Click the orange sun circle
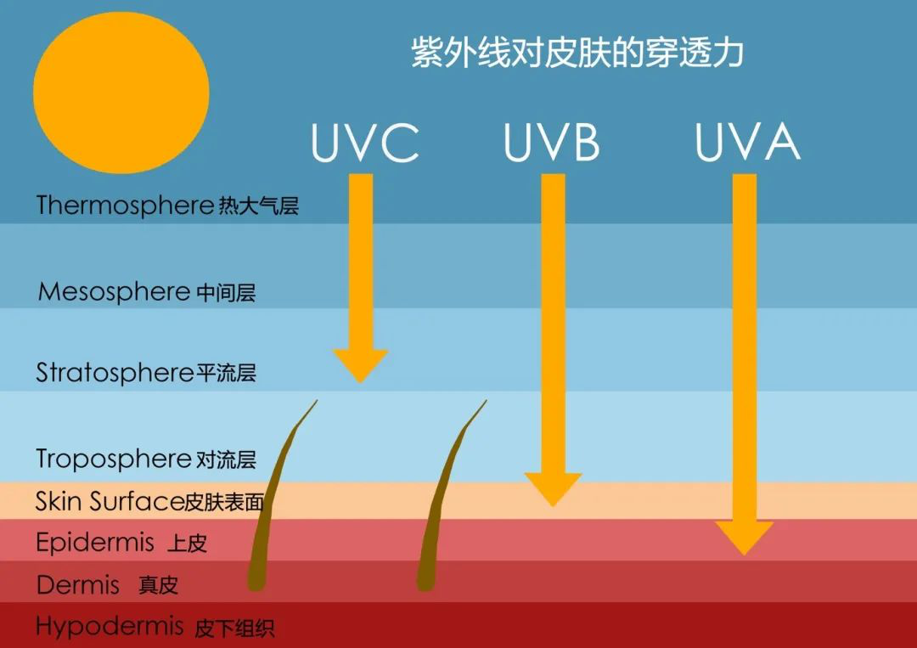121,93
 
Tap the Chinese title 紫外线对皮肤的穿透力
577,53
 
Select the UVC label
365,142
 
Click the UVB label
552,142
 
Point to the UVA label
747,142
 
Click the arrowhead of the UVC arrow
360,365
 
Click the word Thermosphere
125,206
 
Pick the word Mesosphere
114,291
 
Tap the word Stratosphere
115,373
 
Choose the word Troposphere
114,459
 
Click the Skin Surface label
149,502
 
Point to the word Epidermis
95,542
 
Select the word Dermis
78,584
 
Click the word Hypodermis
110,627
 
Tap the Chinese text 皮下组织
234,628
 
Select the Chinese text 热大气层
258,206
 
